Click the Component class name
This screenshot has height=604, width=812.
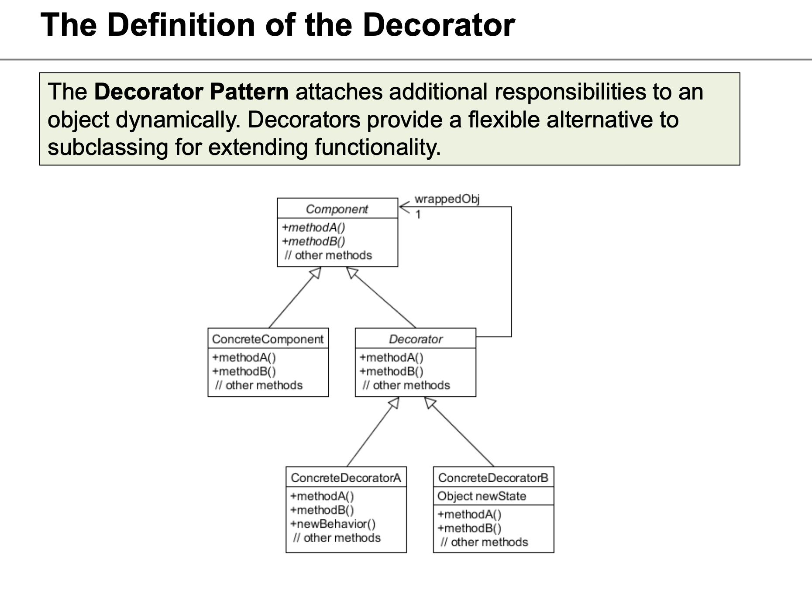point(337,209)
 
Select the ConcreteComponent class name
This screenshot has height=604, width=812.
point(268,339)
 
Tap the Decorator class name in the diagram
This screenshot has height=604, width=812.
point(416,339)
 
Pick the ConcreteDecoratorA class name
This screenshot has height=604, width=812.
point(346,478)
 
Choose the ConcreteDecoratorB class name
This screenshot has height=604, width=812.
point(493,478)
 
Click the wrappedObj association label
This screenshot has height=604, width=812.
point(447,199)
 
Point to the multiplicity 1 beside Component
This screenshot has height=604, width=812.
point(418,215)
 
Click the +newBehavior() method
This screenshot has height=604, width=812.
point(333,524)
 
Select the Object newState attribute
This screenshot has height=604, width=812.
point(482,496)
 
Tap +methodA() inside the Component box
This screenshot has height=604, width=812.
point(313,227)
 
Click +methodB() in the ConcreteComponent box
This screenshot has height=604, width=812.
point(244,371)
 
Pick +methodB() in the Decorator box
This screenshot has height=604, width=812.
point(391,371)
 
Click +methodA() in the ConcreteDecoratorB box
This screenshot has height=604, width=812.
point(469,515)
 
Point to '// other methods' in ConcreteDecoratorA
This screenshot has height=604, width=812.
point(337,538)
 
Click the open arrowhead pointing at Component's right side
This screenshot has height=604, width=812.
point(404,207)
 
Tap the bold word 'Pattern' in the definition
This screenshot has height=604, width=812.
point(249,92)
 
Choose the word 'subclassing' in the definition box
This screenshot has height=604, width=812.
point(108,147)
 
